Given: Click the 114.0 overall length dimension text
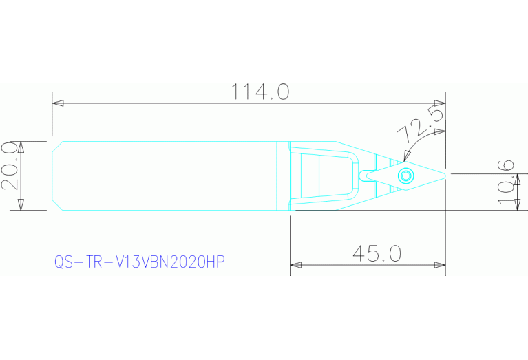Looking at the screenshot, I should tap(260, 92).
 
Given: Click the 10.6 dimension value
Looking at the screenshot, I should tap(507, 182).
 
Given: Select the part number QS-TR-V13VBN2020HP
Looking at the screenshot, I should tap(140, 262).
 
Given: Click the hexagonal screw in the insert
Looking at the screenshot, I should tap(405, 175).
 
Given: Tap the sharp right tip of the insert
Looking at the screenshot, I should tap(447, 174).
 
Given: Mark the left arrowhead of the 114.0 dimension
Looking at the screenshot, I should tap(58, 103).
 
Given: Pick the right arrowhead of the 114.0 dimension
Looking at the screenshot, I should tap(441, 103).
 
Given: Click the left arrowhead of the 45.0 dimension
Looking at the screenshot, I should tap(296, 264).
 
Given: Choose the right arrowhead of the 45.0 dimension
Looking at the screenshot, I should tap(441, 264).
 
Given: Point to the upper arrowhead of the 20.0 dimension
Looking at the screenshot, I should tap(21, 147).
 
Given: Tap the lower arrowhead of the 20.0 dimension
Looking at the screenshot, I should tap(21, 204).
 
